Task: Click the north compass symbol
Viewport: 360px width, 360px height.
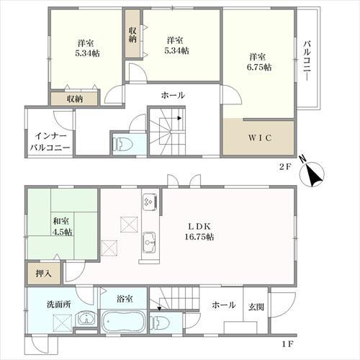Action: pyautogui.click(x=311, y=171)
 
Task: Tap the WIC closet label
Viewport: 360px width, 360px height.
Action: pyautogui.click(x=260, y=138)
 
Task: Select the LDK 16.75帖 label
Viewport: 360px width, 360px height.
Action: pyautogui.click(x=199, y=231)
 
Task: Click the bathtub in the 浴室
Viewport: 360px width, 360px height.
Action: pyautogui.click(x=124, y=322)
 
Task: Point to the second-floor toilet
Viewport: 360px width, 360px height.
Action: pyautogui.click(x=123, y=144)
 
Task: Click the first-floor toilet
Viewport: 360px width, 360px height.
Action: pyautogui.click(x=160, y=322)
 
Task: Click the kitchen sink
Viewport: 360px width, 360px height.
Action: pyautogui.click(x=149, y=243)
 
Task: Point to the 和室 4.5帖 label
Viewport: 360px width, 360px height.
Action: pyautogui.click(x=63, y=226)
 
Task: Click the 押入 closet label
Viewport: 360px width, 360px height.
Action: pyautogui.click(x=43, y=274)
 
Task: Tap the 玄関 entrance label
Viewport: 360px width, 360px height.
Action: pyautogui.click(x=256, y=307)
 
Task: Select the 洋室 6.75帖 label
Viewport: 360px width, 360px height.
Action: pyautogui.click(x=259, y=62)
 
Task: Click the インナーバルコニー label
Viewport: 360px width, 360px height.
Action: pyautogui.click(x=50, y=142)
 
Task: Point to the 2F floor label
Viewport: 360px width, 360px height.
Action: pyautogui.click(x=285, y=166)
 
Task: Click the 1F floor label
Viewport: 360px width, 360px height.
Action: pyautogui.click(x=287, y=344)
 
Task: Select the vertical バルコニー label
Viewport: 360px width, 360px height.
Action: pyautogui.click(x=307, y=61)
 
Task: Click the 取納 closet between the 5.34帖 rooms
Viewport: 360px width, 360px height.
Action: pyautogui.click(x=132, y=35)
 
